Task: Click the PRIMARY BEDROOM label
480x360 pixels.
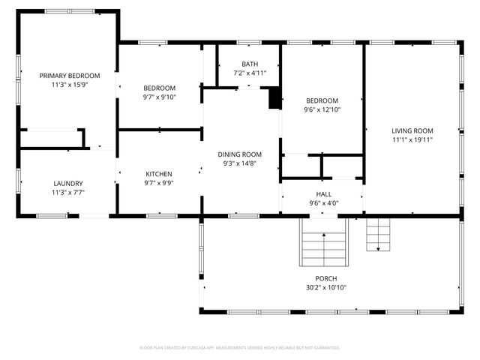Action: coord(69,75)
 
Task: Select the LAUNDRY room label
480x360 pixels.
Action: coord(68,183)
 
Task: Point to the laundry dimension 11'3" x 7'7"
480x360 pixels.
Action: coord(68,193)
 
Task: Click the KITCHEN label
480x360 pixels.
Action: coord(159,173)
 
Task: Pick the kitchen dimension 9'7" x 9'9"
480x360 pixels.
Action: coord(159,183)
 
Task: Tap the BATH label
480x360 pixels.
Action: coord(249,64)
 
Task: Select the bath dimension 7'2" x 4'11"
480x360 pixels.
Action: coord(249,73)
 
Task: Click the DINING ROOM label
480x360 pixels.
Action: coord(240,153)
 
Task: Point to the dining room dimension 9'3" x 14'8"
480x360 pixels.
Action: coord(240,163)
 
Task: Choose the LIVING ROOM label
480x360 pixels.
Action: coord(412,130)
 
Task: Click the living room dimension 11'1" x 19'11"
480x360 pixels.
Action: coord(412,139)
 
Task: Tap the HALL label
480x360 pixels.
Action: coord(323,193)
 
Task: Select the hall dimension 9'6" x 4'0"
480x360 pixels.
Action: coord(323,203)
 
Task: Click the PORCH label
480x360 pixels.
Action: coord(325,277)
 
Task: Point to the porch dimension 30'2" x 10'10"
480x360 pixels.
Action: coord(325,287)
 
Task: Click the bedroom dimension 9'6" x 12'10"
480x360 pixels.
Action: coord(322,110)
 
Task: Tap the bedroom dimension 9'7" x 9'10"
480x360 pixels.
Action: coord(159,97)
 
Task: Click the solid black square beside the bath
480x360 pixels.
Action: coord(274,98)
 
